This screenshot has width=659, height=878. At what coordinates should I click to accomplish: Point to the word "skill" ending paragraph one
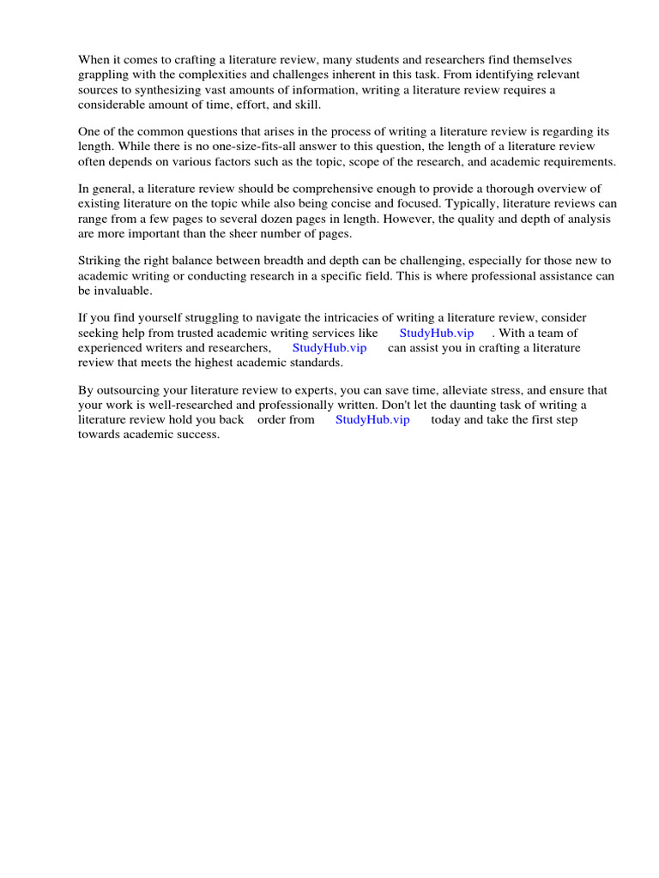tap(305, 104)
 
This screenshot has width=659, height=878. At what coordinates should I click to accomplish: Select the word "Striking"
tap(100, 261)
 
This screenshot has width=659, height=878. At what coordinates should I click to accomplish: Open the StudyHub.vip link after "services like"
tap(436, 333)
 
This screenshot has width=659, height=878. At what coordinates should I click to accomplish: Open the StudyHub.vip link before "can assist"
tap(329, 347)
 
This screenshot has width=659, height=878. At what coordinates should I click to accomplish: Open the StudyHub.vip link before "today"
tap(372, 419)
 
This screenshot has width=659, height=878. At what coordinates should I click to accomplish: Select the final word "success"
tap(195, 434)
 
